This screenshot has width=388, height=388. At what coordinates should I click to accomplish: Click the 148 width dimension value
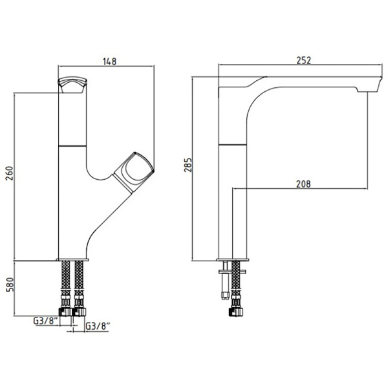pyautogui.click(x=109, y=61)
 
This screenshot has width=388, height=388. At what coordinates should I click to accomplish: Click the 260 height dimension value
pyautogui.click(x=9, y=173)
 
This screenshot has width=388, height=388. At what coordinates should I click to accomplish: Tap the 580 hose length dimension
pyautogui.click(x=9, y=285)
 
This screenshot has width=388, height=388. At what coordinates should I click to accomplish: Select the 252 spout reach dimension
pyautogui.click(x=304, y=61)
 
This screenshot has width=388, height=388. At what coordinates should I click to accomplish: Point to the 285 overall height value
pyautogui.click(x=188, y=164)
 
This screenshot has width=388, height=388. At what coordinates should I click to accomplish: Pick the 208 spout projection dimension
pyautogui.click(x=303, y=184)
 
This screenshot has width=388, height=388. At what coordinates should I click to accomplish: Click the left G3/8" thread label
pyautogui.click(x=46, y=321)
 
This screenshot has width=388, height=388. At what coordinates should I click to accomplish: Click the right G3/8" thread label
pyautogui.click(x=97, y=327)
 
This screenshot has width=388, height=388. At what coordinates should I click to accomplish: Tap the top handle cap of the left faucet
pyautogui.click(x=72, y=85)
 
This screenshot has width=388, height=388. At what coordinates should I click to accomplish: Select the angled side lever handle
pyautogui.click(x=134, y=172)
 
